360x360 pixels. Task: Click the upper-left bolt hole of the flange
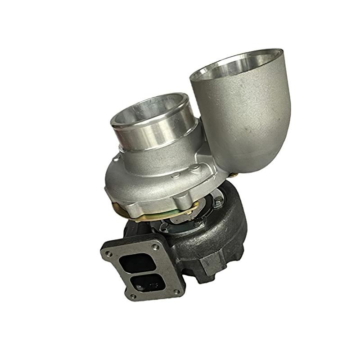pos(109,254)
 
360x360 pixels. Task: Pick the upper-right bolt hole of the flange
pos(156,247)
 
